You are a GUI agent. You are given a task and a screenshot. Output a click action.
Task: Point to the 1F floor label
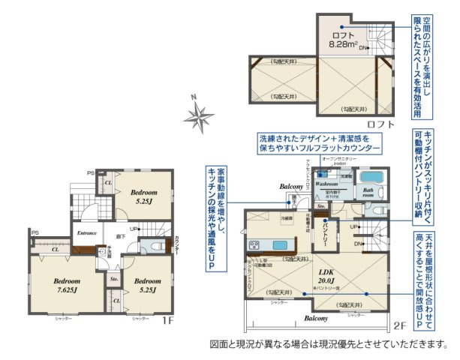pos(167,321)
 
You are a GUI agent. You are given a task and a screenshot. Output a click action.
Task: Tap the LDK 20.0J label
pos(326,277)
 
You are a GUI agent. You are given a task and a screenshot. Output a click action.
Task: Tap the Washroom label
pos(330,182)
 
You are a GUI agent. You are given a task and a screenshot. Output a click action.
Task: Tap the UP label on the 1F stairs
pos(133,228)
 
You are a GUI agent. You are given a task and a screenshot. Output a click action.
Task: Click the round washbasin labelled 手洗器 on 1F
pos(100,253)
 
